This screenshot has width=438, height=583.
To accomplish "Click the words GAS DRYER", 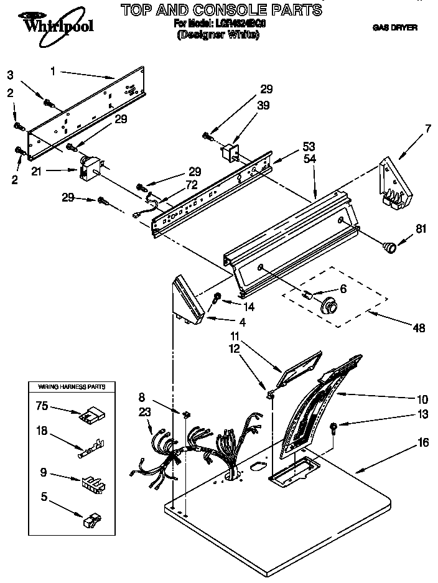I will [394, 27].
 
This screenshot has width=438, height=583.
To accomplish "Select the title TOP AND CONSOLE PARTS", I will [221, 9].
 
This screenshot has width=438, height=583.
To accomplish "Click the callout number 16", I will [423, 443].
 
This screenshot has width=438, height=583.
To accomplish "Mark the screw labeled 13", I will [334, 427].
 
